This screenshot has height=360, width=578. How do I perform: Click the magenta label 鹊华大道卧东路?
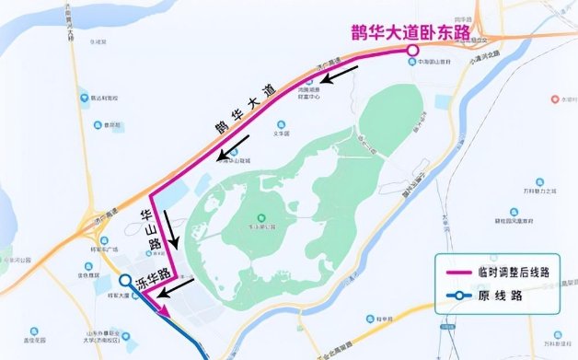[x=410, y=32]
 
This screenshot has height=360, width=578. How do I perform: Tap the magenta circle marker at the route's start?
[x=413, y=51]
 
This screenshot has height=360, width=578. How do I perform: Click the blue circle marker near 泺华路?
[x=125, y=282]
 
